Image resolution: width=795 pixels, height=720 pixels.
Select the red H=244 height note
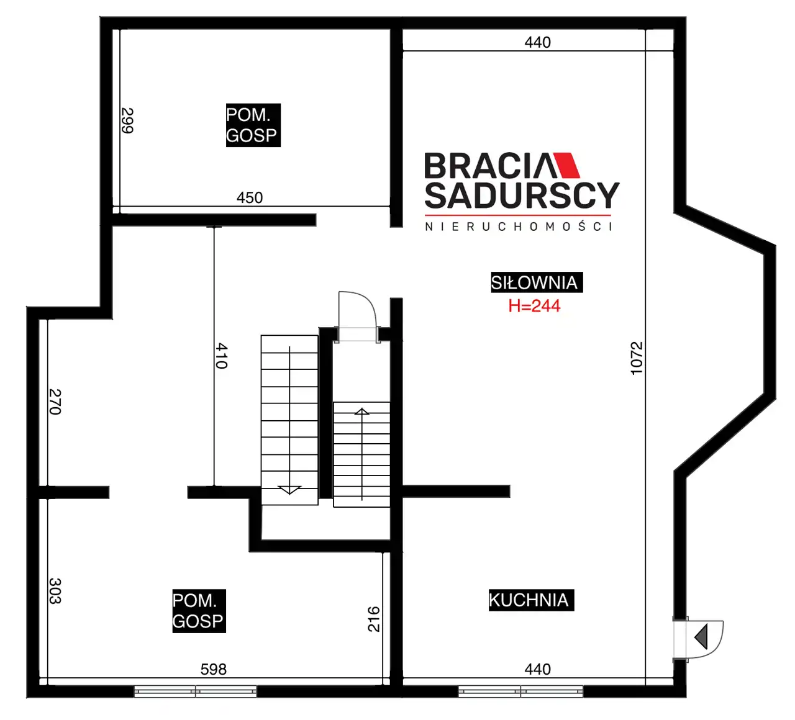coord(534,306)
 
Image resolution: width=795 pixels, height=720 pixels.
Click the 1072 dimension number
coord(637,358)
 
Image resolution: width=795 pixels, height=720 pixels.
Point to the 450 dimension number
coord(250,197)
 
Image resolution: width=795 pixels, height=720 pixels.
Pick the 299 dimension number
coord(127,120)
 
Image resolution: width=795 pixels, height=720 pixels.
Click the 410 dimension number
coord(222,356)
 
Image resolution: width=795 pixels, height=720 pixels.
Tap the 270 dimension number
coord(55,402)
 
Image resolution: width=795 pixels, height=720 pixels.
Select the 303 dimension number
coord(55,591)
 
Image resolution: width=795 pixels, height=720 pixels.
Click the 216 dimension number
coord(374,619)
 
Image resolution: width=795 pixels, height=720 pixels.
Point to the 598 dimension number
coord(214,669)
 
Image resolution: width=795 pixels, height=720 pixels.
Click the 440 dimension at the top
coord(538,42)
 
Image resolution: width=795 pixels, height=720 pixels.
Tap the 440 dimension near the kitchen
coord(538,669)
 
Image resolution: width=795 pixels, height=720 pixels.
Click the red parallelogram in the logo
coord(566,164)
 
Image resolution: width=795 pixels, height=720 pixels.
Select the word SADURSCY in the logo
coord(522,196)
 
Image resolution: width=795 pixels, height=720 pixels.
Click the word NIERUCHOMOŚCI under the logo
coord(519,227)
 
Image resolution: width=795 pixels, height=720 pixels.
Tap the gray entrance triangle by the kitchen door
coord(701,636)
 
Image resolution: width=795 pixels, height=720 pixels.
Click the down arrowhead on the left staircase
coord(289,490)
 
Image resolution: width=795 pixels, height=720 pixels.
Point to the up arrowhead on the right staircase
coord(361,412)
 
